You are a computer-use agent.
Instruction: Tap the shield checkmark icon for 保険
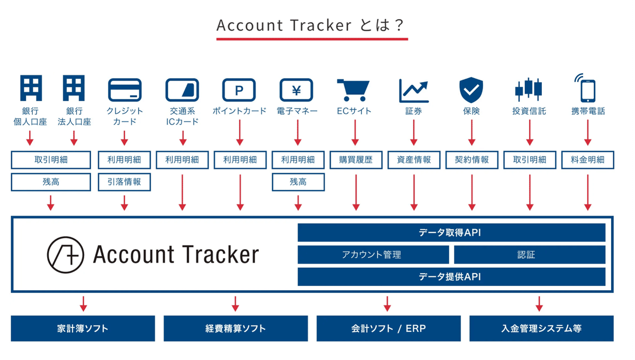[x=470, y=89]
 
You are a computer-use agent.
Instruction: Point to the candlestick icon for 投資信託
[x=529, y=90]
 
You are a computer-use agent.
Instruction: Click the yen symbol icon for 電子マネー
[x=296, y=90]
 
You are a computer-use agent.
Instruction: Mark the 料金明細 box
[x=587, y=160]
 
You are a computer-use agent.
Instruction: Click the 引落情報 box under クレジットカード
[x=125, y=182]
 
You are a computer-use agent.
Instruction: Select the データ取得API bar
[x=451, y=232]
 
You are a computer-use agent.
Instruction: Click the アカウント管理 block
[x=373, y=255]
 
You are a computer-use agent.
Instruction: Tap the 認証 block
[x=529, y=255]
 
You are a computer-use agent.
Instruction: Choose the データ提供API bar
[x=451, y=276]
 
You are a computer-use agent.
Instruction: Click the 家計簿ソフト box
[x=83, y=328]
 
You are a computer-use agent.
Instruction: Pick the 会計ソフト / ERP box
[x=388, y=328]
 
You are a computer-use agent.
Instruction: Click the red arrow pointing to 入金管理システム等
[x=539, y=304]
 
